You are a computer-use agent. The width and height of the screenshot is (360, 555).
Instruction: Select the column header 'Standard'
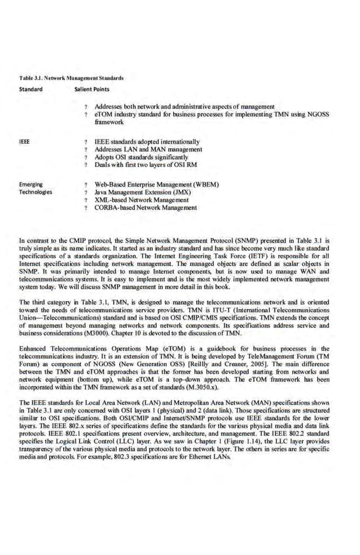31,89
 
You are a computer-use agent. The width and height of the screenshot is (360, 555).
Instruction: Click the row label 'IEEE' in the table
24,142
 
